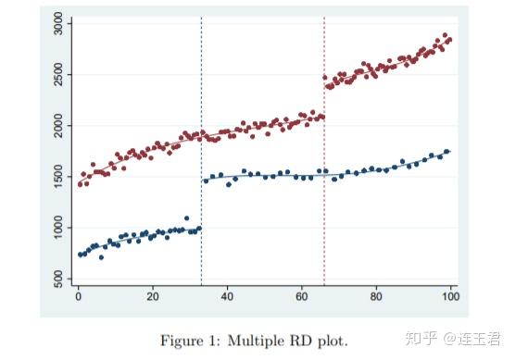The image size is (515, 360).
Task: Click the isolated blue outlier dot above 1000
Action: click(186, 218)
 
